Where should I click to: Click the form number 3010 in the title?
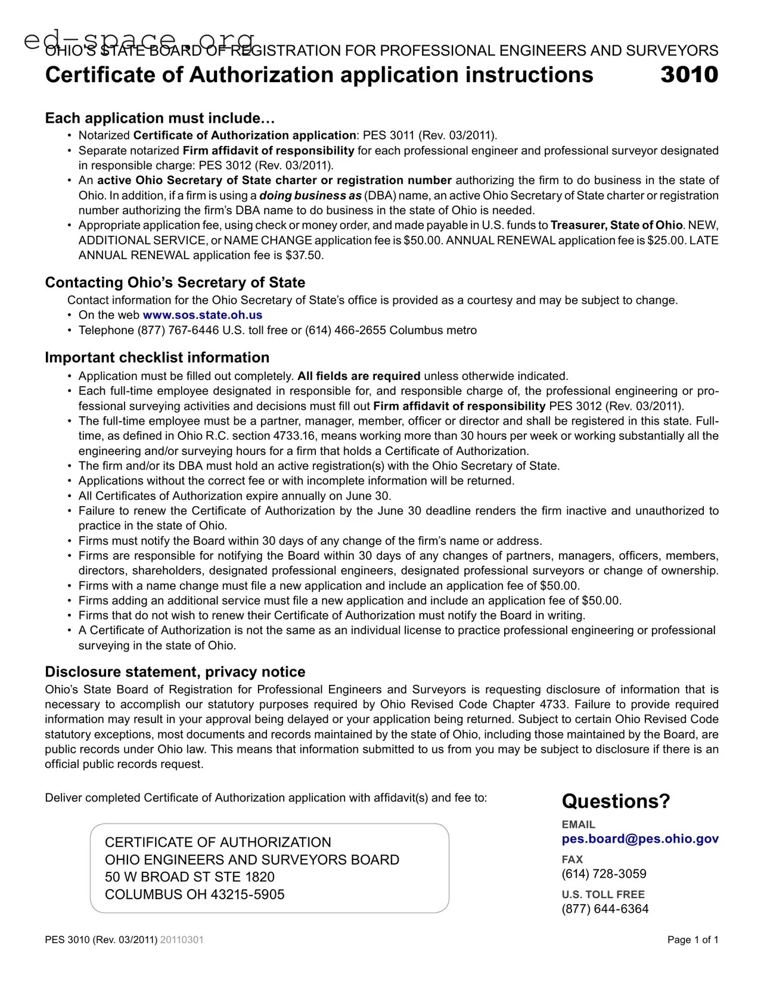tap(689, 75)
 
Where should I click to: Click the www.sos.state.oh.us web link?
tap(203, 315)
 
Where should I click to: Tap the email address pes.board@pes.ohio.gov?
tap(640, 839)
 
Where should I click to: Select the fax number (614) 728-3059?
tap(604, 874)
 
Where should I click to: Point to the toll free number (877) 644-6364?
tap(605, 909)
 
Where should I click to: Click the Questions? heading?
tap(616, 802)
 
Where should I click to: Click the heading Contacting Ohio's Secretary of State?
tap(175, 282)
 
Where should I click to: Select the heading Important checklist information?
tap(157, 357)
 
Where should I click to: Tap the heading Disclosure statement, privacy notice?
tap(175, 672)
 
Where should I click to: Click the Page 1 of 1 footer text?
tap(692, 940)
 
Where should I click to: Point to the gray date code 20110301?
tap(182, 940)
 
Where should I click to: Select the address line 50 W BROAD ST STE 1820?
tap(190, 877)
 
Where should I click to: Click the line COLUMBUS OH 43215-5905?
tap(195, 894)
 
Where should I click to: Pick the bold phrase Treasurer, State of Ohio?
tap(616, 225)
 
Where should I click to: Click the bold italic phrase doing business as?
tap(310, 195)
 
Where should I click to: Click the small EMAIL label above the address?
tap(578, 825)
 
